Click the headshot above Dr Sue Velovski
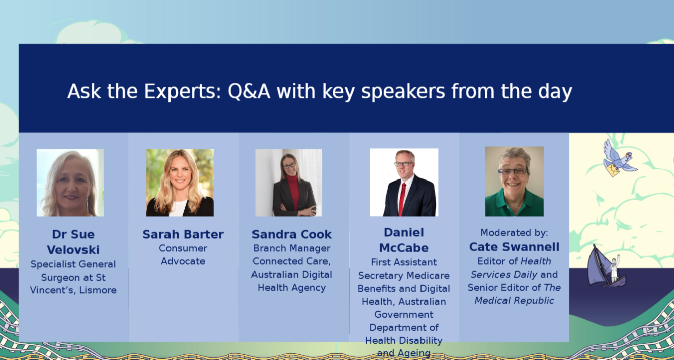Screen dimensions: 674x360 tap(70, 183)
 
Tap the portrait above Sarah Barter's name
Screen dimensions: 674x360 tap(180, 183)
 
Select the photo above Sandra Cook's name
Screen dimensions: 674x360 tap(289, 183)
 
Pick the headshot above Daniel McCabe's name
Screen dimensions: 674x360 tap(404, 182)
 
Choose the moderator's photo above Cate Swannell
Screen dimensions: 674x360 tap(514, 182)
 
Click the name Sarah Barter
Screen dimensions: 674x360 tap(183, 234)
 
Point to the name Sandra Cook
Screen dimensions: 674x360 tap(292, 234)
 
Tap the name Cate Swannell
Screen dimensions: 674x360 tap(514, 247)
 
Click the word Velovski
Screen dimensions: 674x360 tap(73, 250)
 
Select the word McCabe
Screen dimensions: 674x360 tap(404, 248)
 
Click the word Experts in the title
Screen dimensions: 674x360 tap(183, 91)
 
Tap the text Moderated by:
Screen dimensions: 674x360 tap(514, 232)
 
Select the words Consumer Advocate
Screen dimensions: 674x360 tap(183, 255)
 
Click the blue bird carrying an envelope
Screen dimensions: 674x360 tap(619, 158)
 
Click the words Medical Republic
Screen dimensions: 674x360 tap(514, 301)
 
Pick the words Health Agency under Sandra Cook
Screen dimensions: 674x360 tap(292, 288)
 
